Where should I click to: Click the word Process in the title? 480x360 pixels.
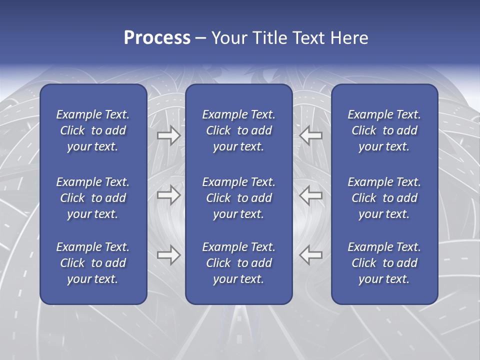coord(157,38)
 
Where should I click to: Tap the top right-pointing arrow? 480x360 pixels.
coord(168,135)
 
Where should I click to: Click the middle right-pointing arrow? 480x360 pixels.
coord(168,195)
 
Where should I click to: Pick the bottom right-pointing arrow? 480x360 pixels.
coord(168,255)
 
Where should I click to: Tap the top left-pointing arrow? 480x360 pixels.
coord(311,135)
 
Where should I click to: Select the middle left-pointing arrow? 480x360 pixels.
coord(311,195)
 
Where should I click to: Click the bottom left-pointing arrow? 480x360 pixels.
coord(311,255)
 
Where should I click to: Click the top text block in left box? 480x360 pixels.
coord(93,130)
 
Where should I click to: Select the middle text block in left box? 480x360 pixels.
coord(93,198)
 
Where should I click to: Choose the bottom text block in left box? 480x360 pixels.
coord(93,263)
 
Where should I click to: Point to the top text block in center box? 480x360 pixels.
coord(238,130)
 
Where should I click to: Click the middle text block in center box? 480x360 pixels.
coord(238,198)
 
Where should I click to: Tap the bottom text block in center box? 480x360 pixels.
coord(238,263)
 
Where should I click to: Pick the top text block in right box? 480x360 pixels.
coord(384,130)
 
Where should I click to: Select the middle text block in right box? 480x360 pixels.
coord(384,198)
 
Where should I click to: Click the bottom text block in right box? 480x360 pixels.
coord(384,263)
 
